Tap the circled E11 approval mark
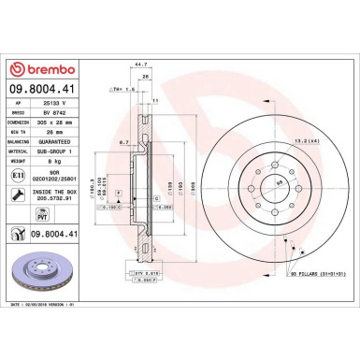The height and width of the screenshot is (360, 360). tap(20, 174)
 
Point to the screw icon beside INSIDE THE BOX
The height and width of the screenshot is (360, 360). tap(20, 194)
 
